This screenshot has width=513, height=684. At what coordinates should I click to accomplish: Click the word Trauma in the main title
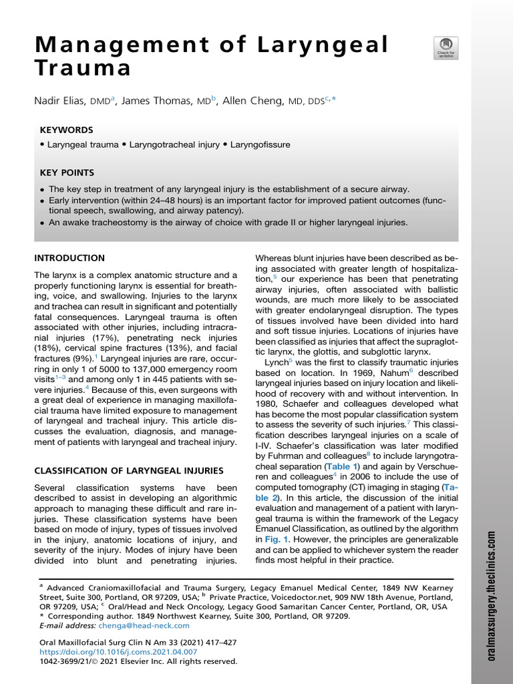tap(83, 69)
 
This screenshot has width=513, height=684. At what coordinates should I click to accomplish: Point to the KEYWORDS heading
tap(66, 130)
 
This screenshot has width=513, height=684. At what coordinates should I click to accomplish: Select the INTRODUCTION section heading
tap(69, 258)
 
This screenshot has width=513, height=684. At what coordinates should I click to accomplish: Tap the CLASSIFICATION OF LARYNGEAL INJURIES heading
tap(124, 471)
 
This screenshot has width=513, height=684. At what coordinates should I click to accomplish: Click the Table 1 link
tap(341, 466)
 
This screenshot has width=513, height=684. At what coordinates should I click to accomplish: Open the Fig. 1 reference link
tap(276, 538)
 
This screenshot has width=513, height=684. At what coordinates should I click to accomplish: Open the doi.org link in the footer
tap(119, 651)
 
